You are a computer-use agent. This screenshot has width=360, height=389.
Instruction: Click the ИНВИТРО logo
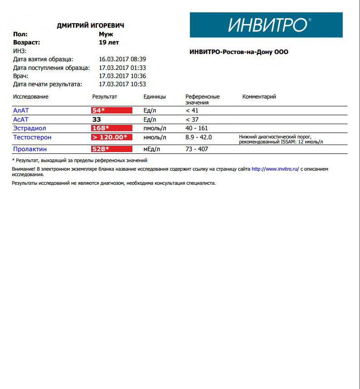tap(266, 25)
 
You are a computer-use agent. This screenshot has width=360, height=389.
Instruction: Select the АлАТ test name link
tap(21, 110)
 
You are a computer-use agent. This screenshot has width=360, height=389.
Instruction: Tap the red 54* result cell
tap(112, 110)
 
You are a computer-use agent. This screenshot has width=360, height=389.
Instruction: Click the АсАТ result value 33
tap(97, 119)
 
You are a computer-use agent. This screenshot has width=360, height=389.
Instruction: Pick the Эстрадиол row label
tap(29, 128)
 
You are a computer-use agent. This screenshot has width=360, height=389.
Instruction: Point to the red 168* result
tap(112, 128)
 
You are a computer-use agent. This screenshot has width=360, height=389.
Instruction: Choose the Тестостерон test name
tap(32, 137)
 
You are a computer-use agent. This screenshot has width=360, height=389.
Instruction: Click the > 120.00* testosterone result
tap(112, 137)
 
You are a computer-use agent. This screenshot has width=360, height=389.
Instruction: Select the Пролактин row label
tap(30, 149)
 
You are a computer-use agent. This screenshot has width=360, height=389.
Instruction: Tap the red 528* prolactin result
tap(112, 149)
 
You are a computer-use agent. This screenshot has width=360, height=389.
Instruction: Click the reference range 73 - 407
tap(197, 149)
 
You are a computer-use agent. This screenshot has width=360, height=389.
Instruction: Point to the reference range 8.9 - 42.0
tap(199, 137)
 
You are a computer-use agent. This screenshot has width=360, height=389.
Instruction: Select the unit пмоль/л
tap(155, 128)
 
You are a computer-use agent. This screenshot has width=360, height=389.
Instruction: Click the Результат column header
tap(105, 97)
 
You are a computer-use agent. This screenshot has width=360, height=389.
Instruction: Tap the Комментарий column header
tap(259, 97)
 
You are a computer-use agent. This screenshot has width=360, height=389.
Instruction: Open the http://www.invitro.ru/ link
tap(275, 169)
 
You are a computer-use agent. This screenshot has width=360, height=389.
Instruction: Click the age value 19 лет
tap(109, 42)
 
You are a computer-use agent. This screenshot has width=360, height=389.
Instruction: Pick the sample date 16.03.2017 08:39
tap(122, 59)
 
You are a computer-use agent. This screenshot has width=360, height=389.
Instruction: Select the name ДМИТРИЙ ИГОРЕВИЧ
tap(90, 25)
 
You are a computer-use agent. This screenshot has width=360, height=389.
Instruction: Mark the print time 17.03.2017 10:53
tap(122, 84)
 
